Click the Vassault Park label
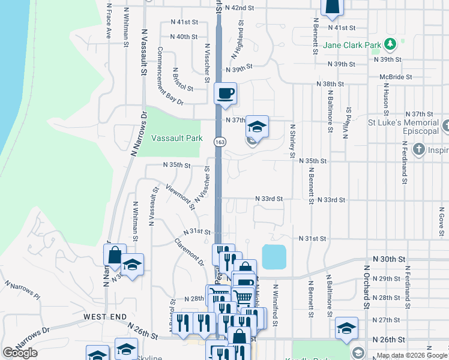[177, 138]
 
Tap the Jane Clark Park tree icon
[391, 44]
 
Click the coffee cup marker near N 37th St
[226, 94]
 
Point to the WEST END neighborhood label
[105, 316]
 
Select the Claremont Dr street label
[190, 251]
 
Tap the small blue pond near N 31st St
[274, 257]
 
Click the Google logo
[20, 353]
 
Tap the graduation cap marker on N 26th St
[346, 328]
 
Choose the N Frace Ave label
[109, 22]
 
